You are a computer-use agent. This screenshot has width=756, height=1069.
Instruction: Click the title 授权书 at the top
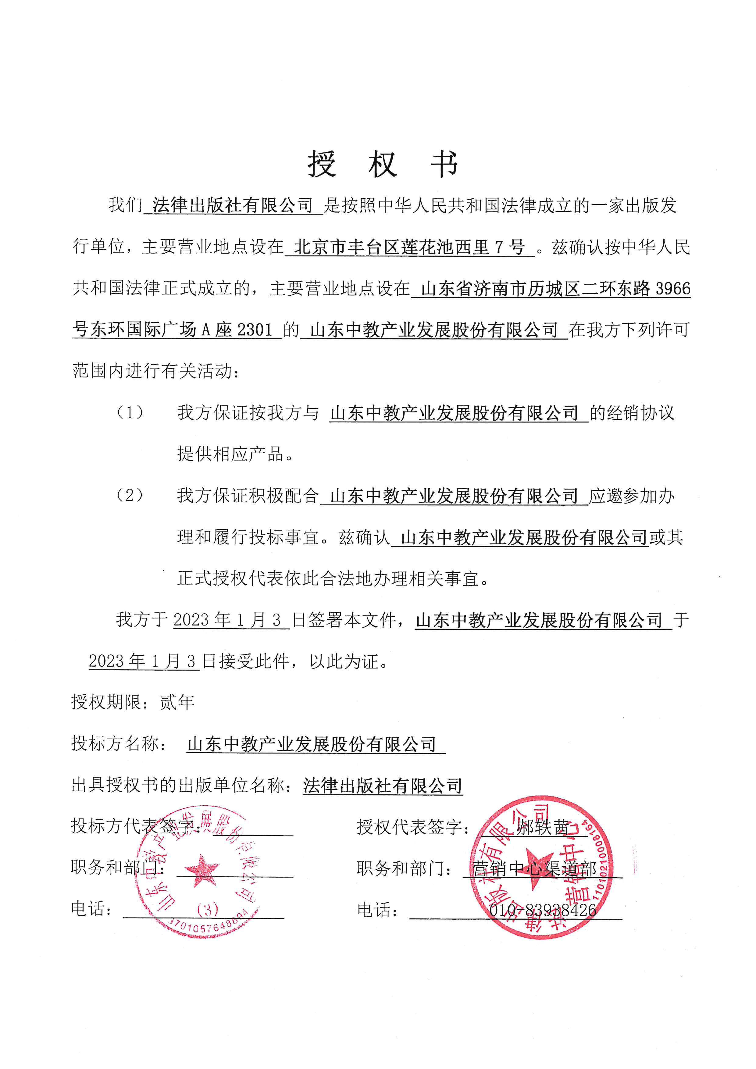click(x=382, y=164)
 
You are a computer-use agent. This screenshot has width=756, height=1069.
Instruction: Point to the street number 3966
click(x=673, y=289)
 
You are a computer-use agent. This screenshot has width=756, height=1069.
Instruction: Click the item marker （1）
click(x=130, y=412)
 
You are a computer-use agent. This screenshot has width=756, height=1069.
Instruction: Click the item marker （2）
click(x=130, y=495)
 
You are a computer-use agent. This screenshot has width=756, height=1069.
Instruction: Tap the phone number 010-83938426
click(x=542, y=910)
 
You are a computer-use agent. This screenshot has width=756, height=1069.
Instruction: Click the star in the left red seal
click(x=201, y=870)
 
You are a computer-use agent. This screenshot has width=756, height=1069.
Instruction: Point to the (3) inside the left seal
click(x=208, y=909)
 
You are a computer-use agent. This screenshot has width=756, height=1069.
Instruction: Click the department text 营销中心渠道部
click(x=534, y=869)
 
